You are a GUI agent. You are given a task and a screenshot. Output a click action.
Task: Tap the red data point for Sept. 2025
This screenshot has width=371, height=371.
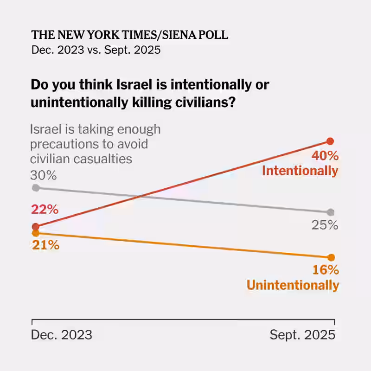click(x=330, y=141)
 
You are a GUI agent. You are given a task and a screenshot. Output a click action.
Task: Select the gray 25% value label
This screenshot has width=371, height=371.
click(x=324, y=225)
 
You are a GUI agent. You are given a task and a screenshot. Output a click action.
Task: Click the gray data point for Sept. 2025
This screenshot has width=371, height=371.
click(x=330, y=212)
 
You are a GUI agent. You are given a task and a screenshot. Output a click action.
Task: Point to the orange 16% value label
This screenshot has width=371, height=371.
click(x=326, y=270)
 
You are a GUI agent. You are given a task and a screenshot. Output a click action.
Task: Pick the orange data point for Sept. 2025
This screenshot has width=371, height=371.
click(x=331, y=257)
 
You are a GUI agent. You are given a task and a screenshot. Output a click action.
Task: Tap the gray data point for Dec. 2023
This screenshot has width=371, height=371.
click(x=35, y=187)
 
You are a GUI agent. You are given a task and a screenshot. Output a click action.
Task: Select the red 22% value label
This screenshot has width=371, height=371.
click(x=45, y=210)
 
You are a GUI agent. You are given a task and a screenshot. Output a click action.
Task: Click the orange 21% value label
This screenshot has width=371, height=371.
click(x=45, y=245)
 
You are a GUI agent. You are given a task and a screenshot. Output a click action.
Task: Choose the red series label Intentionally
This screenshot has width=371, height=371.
click(x=300, y=171)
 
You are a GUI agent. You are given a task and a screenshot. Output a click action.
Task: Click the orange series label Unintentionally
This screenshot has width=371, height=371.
click(x=293, y=285)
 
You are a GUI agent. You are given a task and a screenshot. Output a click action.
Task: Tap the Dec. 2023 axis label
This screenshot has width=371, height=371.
click(x=61, y=334)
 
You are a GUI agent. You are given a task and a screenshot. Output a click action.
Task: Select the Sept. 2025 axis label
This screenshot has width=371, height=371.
click(x=302, y=334)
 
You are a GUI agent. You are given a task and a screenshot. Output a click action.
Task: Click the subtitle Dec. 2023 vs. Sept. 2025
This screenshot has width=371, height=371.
click(x=96, y=50)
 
